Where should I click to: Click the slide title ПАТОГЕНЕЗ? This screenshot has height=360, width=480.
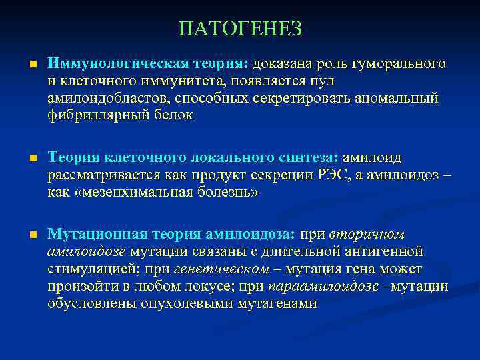[x=240, y=29]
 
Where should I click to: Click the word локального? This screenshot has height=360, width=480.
[x=229, y=158]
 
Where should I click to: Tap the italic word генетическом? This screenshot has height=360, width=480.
[x=231, y=269]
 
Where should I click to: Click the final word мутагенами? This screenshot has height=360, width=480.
[x=272, y=304]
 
